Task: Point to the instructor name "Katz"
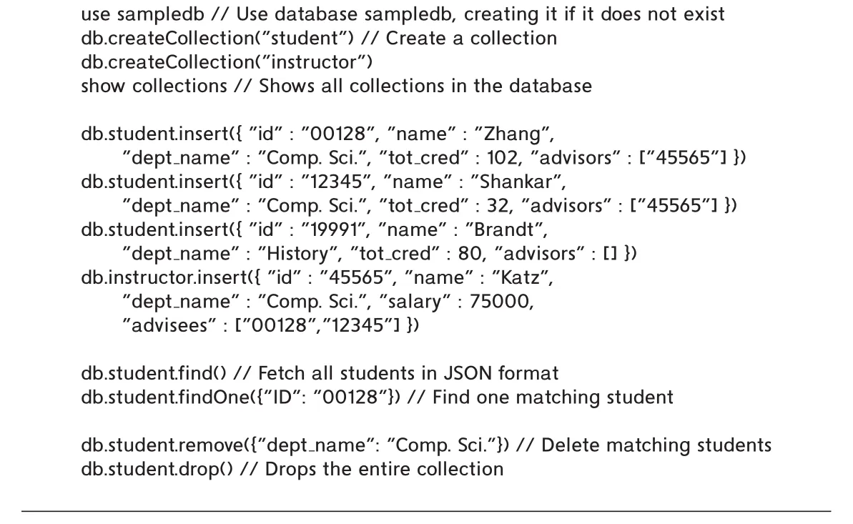tap(521, 277)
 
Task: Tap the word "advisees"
tap(169, 325)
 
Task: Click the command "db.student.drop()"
tap(157, 469)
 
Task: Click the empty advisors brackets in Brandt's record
tap(611, 254)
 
